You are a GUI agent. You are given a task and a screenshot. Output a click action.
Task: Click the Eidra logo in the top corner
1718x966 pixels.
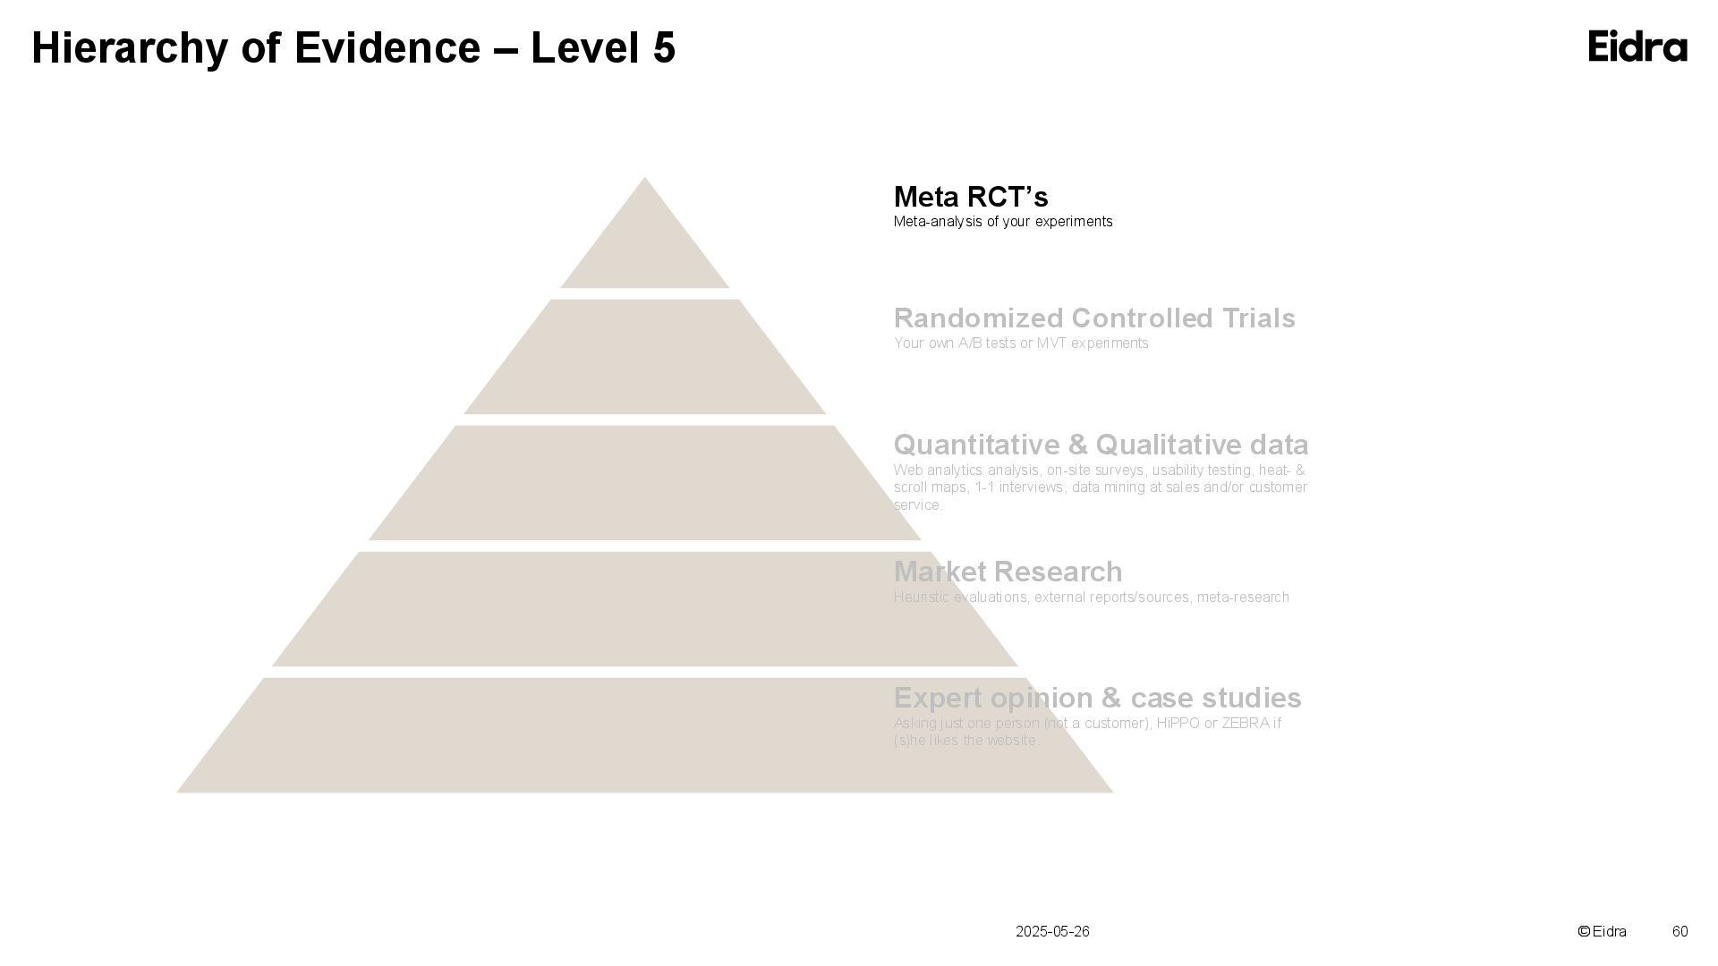pos(1637,47)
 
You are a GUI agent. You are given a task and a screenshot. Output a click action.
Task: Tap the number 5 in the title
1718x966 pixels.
pos(664,48)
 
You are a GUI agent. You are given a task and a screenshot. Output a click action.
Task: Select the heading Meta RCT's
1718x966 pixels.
pos(971,197)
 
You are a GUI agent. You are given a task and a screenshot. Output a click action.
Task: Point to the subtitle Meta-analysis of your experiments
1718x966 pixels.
pos(1003,222)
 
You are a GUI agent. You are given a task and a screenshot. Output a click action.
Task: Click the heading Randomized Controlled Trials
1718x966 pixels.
pos(1094,318)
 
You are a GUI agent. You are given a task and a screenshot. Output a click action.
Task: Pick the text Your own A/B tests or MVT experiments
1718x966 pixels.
pos(1021,343)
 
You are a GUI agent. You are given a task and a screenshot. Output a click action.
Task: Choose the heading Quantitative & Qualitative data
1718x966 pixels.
pos(1101,445)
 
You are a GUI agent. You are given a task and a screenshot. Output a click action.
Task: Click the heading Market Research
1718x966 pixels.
pos(1008,572)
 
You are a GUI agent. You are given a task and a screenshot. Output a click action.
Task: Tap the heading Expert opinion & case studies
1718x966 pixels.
pos(1097,698)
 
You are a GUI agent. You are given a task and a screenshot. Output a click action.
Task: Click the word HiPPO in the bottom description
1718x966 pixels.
pos(1178,723)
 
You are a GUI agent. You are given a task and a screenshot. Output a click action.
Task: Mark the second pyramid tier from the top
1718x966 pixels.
pos(644,358)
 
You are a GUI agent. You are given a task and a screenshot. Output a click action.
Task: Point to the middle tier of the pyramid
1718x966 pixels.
pos(644,483)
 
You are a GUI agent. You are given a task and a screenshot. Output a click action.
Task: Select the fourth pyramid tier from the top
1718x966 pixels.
pos(644,609)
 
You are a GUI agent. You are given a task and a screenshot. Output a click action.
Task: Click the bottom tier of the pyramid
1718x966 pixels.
pos(644,735)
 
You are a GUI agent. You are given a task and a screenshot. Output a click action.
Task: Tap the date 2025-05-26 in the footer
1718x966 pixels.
pos(1052,932)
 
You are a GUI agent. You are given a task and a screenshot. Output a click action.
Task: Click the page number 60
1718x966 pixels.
pos(1680,932)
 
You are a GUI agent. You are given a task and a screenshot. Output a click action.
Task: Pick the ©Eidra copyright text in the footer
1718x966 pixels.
pos(1602,932)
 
